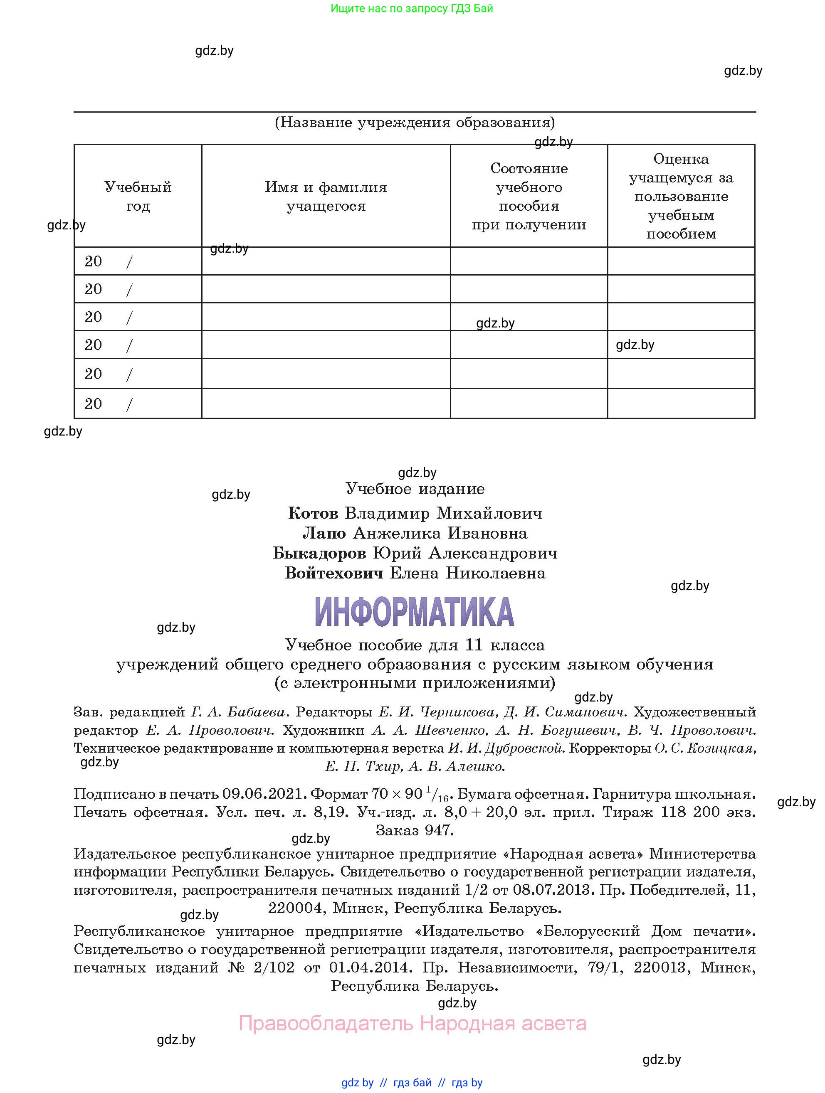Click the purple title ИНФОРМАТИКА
[414, 612]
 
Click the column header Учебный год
[138, 196]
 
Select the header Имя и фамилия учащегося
[326, 196]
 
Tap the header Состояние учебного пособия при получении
[529, 196]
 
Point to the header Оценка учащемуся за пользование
[681, 196]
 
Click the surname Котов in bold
[313, 513]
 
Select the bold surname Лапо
[324, 533]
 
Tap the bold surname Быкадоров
[319, 554]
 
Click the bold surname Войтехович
[334, 573]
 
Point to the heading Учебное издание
[415, 489]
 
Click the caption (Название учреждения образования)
[414, 122]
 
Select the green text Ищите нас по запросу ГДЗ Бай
[412, 8]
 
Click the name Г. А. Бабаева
[238, 712]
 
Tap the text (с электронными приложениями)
[415, 683]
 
